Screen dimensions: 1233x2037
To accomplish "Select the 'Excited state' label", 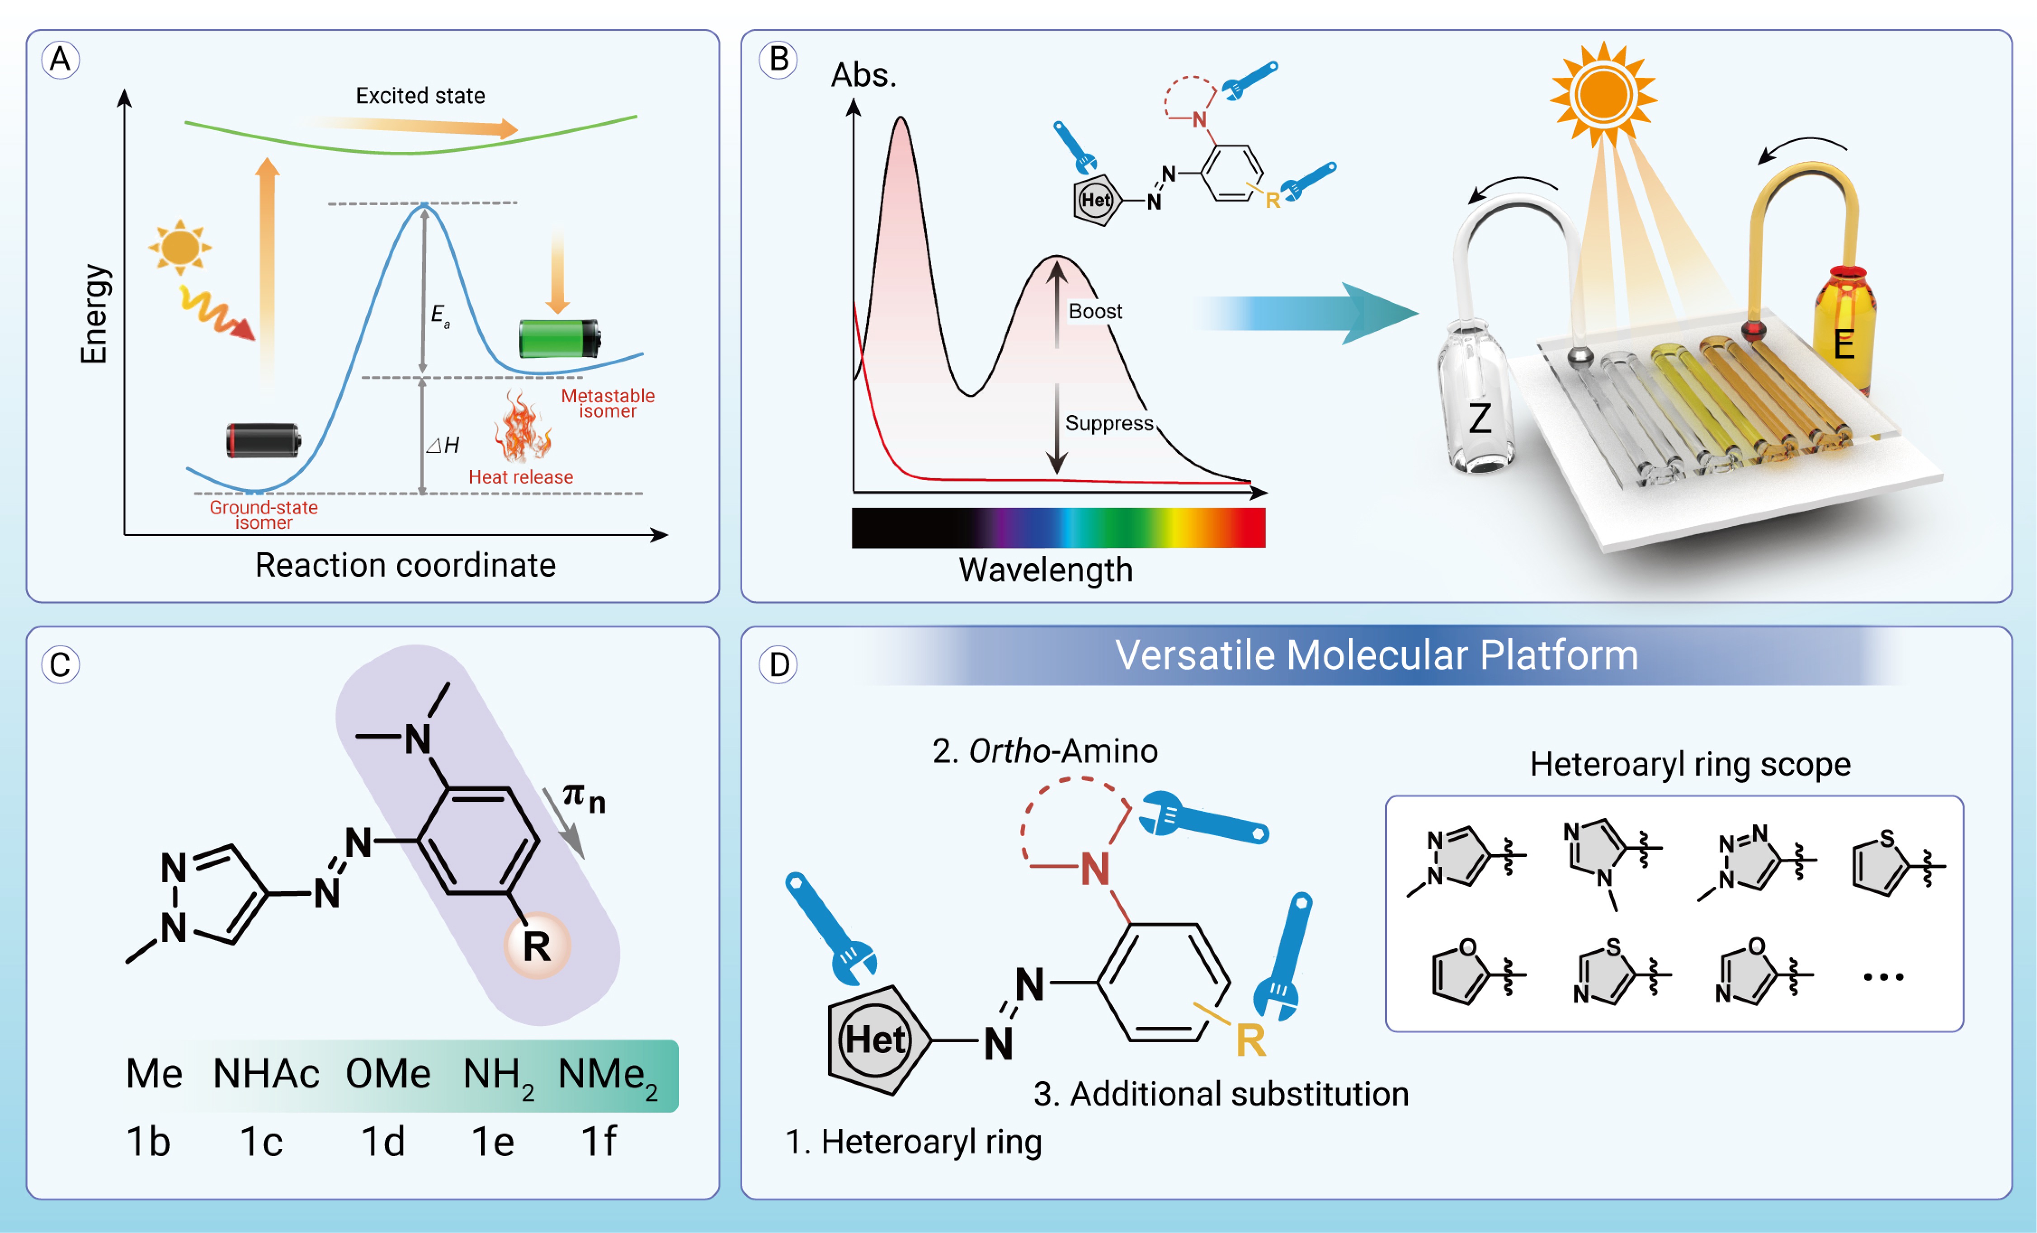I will pyautogui.click(x=420, y=96).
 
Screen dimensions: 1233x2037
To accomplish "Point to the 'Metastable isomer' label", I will pyautogui.click(x=608, y=403).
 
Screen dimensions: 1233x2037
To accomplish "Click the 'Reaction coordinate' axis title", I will pyautogui.click(x=405, y=565).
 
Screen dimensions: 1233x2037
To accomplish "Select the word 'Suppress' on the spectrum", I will pyautogui.click(x=1108, y=423).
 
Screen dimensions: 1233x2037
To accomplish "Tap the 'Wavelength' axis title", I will pyautogui.click(x=1045, y=570).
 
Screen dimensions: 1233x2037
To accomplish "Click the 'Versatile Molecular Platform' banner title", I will pyautogui.click(x=1377, y=655).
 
